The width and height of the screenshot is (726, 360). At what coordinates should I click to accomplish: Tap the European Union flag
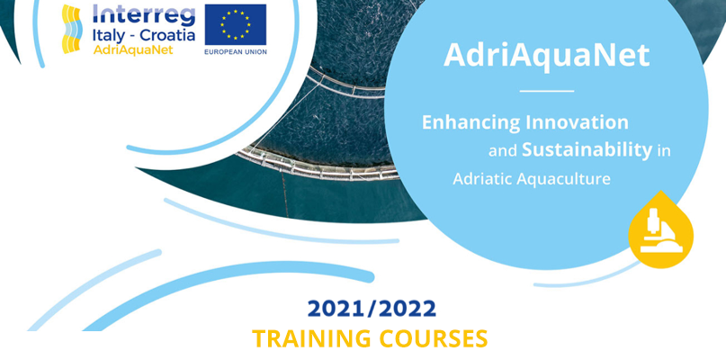coord(236,25)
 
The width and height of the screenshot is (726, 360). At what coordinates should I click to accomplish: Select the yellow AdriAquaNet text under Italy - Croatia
coord(133,49)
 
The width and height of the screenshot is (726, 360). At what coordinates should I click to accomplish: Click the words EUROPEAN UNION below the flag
coord(236,52)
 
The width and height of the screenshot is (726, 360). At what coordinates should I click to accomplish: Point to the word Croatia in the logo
coord(167,35)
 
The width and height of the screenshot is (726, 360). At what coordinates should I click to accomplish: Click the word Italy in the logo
coord(108,36)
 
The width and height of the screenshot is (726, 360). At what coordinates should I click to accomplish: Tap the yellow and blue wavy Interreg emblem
coord(72,29)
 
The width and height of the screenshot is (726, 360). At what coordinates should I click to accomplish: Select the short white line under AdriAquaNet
coord(547,91)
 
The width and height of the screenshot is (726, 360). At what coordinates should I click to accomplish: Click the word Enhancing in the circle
coord(471,123)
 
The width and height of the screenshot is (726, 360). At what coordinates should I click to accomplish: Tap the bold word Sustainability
coord(587,150)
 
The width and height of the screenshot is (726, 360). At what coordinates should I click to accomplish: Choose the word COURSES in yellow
coord(434,339)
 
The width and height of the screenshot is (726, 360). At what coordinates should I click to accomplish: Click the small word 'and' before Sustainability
coord(503,152)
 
